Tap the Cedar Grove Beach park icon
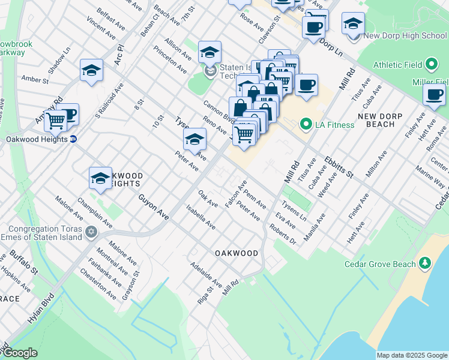425,262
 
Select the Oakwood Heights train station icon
73,139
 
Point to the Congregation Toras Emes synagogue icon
91,232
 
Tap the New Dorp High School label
405,36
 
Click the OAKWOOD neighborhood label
237,253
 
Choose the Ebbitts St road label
339,166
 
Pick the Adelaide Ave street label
206,274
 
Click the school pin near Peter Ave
194,140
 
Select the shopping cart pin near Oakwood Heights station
55,120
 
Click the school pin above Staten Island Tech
209,53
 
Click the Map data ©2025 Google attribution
411,355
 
